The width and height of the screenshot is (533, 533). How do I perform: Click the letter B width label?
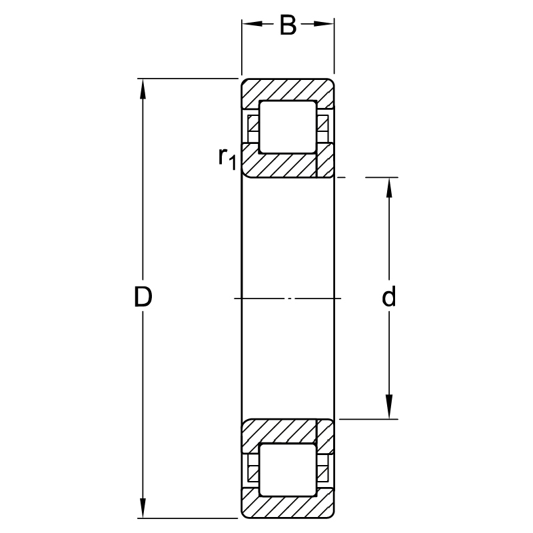click(287, 26)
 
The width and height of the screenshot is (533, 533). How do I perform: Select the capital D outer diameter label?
click(143, 298)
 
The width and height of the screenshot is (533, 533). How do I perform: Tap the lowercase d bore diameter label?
click(389, 298)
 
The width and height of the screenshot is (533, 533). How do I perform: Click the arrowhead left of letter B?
click(251, 25)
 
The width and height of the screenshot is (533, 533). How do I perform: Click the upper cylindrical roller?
click(287, 127)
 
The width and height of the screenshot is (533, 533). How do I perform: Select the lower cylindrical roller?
click(287, 470)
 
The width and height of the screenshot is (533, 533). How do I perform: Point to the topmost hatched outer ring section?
click(287, 90)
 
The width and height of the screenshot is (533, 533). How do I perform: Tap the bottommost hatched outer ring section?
click(287, 506)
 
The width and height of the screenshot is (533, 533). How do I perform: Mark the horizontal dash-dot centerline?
click(287, 298)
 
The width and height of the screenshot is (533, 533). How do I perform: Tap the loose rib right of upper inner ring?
click(325, 160)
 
